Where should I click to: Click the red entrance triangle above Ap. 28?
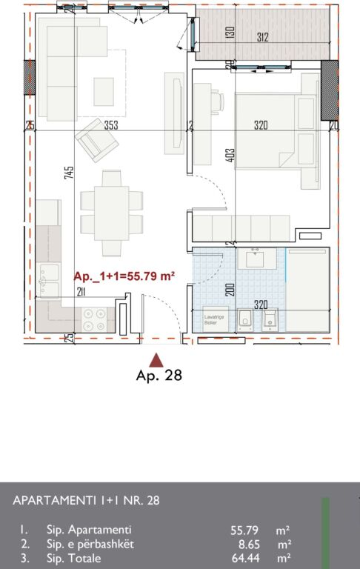pyautogui.click(x=156, y=360)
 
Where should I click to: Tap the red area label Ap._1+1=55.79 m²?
pyautogui.click(x=124, y=276)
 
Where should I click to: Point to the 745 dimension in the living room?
pyautogui.click(x=69, y=173)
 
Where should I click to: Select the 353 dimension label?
pyautogui.click(x=111, y=126)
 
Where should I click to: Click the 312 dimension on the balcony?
pyautogui.click(x=262, y=37)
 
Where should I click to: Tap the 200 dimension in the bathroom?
pyautogui.click(x=230, y=289)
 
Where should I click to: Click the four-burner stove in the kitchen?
pyautogui.click(x=95, y=319)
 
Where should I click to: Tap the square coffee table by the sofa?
pyautogui.click(x=104, y=92)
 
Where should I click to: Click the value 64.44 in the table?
pyautogui.click(x=246, y=557)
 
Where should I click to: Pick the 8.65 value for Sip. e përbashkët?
pyautogui.click(x=249, y=544)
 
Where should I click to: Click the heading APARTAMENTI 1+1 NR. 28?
pyautogui.click(x=86, y=500)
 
